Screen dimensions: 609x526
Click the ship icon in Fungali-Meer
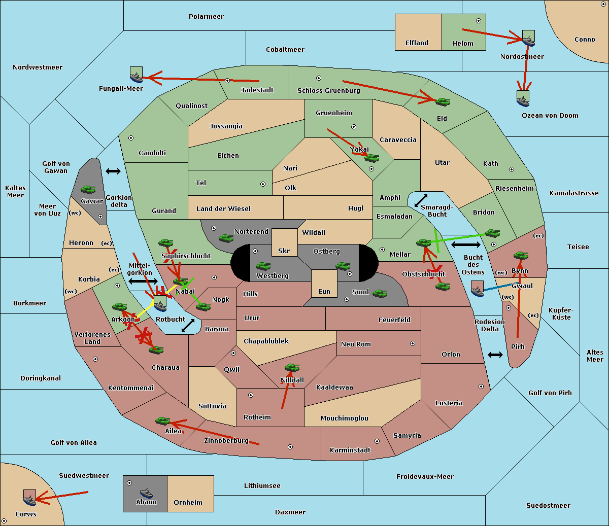coord(137,75)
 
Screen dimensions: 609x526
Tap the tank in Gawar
coord(88,190)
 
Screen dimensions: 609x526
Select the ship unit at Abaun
coord(146,493)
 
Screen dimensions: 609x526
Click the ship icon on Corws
coord(30,498)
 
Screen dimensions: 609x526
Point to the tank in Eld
coord(443,102)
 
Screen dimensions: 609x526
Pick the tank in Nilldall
coord(292,368)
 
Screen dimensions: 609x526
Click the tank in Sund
coord(380,293)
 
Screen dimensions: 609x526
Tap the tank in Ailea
coord(162,421)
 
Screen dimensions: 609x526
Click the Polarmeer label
coord(206,17)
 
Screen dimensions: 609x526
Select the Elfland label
coord(417,43)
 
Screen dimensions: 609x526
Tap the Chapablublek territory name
coord(266,341)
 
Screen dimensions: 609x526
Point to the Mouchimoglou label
coord(345,418)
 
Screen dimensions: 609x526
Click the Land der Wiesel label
coord(223,209)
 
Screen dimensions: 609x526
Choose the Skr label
coord(284,251)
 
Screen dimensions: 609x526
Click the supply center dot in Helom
coord(479,21)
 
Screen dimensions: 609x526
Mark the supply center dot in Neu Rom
coord(413,343)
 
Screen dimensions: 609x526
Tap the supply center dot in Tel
coord(263,184)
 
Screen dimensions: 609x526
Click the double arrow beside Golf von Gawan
coord(113,171)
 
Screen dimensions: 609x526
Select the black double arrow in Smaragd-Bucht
coord(421,200)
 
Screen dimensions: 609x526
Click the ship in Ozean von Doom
coord(523,98)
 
